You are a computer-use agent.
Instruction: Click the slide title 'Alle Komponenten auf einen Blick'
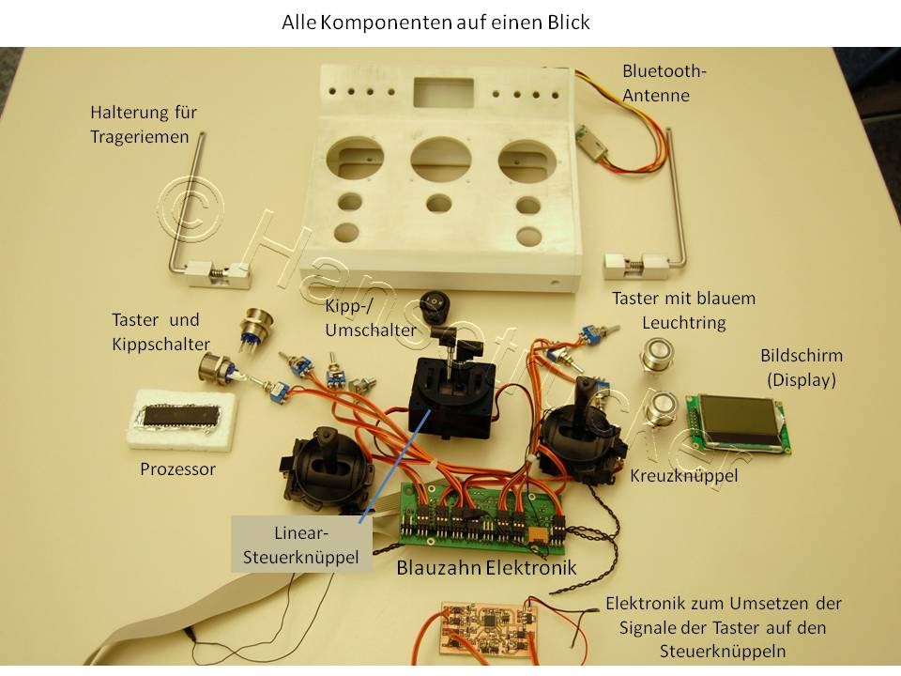435,23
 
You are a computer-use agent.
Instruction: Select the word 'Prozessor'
177,468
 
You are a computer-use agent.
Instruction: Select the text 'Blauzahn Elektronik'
486,568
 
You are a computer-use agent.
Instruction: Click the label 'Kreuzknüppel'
684,475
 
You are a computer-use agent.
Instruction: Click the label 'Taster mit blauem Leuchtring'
683,310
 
